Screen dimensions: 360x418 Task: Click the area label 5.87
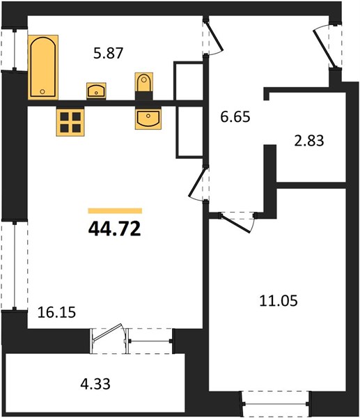109,53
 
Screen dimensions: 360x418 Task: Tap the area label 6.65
235,117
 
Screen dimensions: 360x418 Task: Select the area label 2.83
309,141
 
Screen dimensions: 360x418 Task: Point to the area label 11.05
279,301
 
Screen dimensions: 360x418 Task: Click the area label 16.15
57,312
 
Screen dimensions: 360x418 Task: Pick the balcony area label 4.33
95,384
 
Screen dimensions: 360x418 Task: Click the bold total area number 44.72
115,229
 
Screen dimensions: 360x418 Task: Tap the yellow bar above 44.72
115,211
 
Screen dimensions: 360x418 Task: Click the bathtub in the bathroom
43,67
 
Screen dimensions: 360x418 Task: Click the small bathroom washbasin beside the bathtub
96,91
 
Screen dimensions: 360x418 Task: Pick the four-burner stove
70,121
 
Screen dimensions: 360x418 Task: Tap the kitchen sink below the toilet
148,118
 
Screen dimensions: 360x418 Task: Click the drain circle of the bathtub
42,91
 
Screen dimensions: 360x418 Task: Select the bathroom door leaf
214,36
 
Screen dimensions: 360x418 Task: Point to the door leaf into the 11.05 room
236,224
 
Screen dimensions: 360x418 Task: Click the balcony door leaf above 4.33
107,332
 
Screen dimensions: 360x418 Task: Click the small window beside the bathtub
15,49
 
